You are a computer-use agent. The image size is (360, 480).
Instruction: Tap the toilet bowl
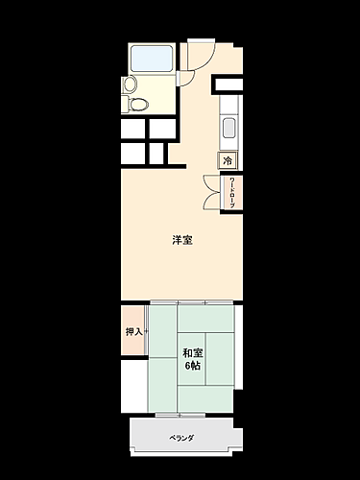click(139, 103)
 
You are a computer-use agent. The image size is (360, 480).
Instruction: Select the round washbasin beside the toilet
click(129, 84)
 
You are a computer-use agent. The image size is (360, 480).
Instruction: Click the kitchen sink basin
click(228, 128)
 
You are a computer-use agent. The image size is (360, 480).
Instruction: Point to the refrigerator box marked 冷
click(228, 160)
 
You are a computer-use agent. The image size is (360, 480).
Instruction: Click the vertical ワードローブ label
click(231, 194)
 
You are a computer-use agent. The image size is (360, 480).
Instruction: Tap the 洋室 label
click(181, 240)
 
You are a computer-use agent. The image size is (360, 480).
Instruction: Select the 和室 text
click(192, 351)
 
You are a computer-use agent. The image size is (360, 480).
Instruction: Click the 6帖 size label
click(192, 367)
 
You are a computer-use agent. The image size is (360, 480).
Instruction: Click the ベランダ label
click(181, 439)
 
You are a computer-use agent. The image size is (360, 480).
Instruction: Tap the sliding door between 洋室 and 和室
click(192, 303)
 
